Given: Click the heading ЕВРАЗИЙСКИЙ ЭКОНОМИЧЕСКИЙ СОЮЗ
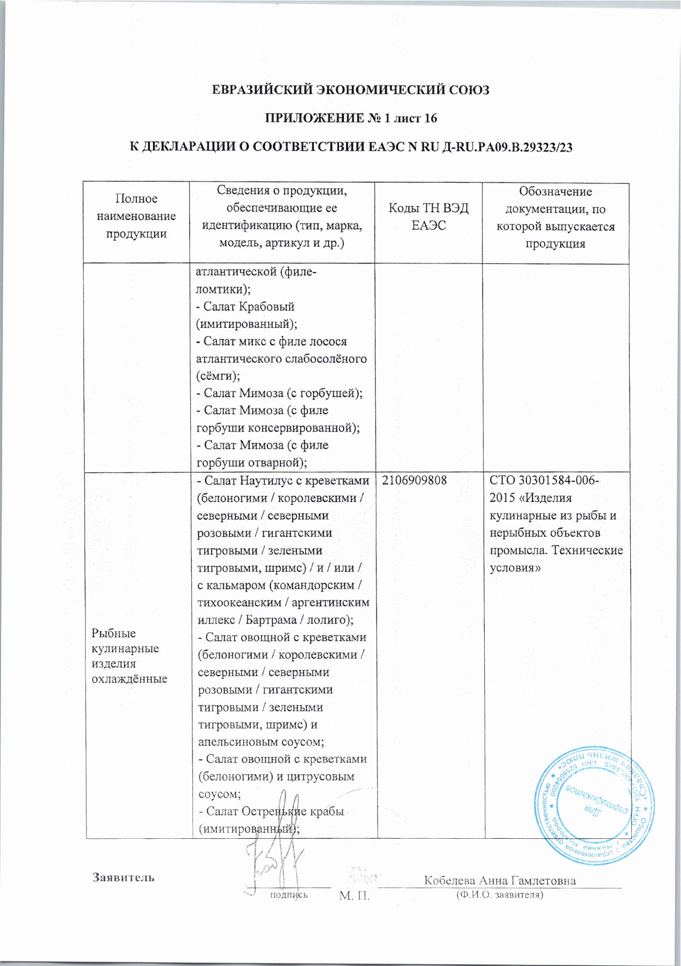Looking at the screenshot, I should tap(350, 90).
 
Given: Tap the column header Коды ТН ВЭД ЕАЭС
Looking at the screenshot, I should tap(428, 216).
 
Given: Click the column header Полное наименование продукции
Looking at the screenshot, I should tap(136, 216).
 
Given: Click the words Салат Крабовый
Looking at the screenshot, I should tap(249, 306).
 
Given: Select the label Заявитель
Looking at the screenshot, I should tap(123, 878).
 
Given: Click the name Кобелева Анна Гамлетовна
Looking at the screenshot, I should tap(500, 880).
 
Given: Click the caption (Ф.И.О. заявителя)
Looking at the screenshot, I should tap(500, 895).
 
